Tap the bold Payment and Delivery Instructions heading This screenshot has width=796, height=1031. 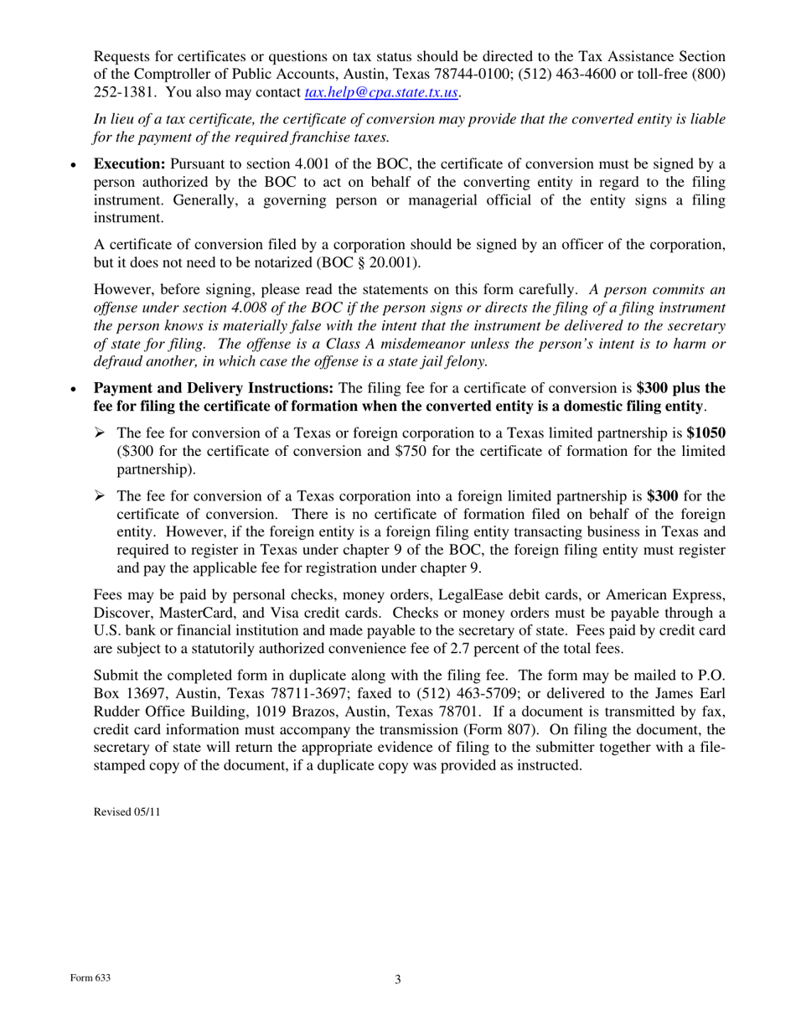tap(213, 388)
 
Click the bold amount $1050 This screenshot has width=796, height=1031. tap(706, 433)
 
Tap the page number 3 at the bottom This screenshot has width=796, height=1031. tap(398, 980)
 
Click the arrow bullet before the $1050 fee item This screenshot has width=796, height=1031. tap(99, 433)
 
